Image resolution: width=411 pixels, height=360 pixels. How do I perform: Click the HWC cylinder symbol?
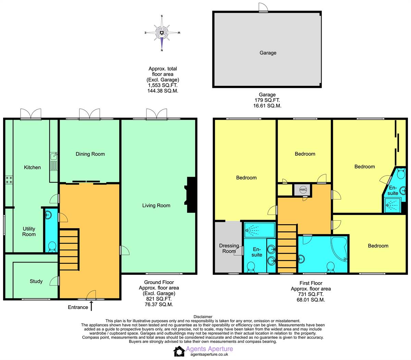(x=303, y=190)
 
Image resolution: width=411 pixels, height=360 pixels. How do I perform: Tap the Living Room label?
(x=156, y=205)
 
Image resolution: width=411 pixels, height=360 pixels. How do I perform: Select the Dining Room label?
(x=90, y=154)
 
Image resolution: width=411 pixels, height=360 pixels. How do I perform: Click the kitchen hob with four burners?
(x=9, y=180)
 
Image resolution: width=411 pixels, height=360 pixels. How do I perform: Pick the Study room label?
(x=36, y=281)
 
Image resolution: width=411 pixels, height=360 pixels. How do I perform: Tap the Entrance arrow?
(x=91, y=306)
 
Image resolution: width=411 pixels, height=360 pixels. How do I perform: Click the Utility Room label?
(x=29, y=231)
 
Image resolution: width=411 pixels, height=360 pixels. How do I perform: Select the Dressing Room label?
(x=229, y=248)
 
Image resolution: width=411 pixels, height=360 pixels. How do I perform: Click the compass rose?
(x=162, y=33)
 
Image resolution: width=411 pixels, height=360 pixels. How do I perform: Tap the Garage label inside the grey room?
(x=268, y=53)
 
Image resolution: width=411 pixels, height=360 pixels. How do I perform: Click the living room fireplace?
(x=190, y=195)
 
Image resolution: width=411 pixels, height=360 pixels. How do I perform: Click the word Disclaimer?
(x=203, y=317)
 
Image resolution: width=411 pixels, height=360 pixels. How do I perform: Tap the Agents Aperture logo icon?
(x=179, y=351)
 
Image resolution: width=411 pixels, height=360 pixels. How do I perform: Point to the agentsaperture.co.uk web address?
(x=209, y=355)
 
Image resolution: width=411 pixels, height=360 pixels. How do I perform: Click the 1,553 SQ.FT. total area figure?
(x=162, y=85)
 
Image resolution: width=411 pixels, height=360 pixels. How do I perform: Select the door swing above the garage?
(x=263, y=7)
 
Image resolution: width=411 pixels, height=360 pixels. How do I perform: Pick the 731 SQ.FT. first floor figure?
(x=311, y=294)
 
